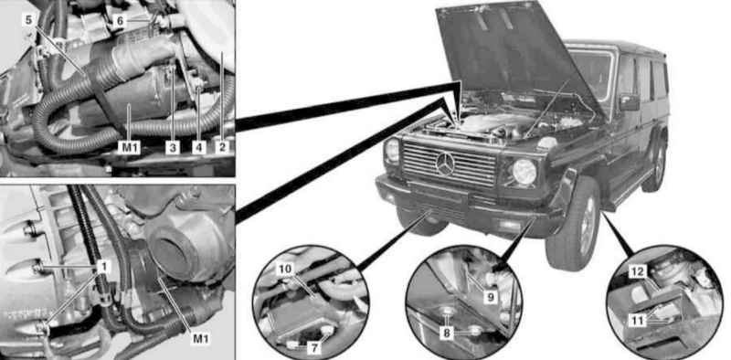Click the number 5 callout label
[x=28, y=20]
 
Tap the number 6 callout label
[x=120, y=20]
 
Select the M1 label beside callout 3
[x=128, y=148]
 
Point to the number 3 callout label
[x=173, y=148]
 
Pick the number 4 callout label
[x=199, y=148]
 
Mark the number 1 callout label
[x=104, y=266]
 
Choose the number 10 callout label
[x=285, y=269]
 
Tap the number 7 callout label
[x=315, y=348]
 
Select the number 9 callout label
[x=489, y=297]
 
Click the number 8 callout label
[x=446, y=334]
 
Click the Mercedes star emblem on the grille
[x=445, y=164]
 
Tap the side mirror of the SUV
[x=629, y=102]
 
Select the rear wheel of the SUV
[x=656, y=164]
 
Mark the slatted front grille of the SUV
[x=449, y=164]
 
